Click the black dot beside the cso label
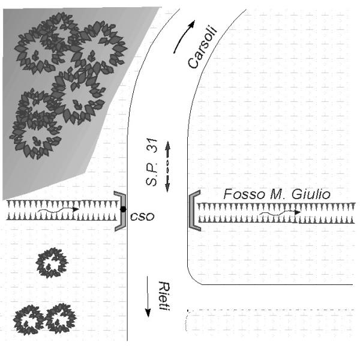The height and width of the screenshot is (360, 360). [123, 209]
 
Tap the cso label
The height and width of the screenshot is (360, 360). [142, 217]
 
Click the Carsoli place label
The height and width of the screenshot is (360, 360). [202, 47]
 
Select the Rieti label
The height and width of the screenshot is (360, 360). [164, 296]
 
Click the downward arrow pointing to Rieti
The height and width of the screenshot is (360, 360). [148, 296]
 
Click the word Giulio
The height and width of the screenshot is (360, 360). [311, 194]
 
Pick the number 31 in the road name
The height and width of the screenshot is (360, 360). [152, 146]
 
